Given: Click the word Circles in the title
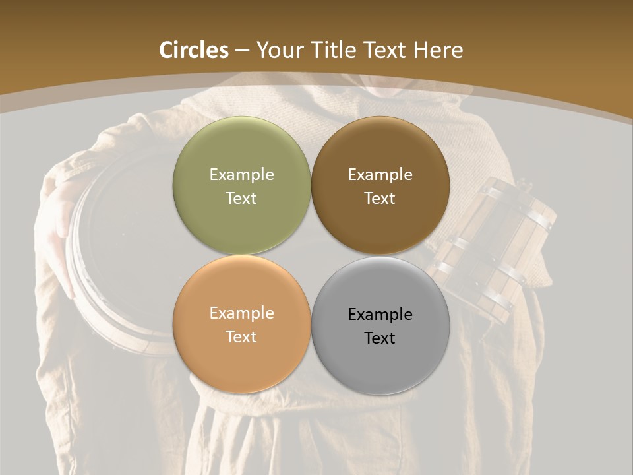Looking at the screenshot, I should (x=193, y=50).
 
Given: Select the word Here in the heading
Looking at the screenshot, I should (x=438, y=50).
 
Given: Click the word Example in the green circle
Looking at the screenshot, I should (x=241, y=175).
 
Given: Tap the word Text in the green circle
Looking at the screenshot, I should (x=241, y=199).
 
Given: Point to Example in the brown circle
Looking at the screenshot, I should (x=380, y=175).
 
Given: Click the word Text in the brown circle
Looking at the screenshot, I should (x=380, y=199).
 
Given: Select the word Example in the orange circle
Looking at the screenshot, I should (x=241, y=313).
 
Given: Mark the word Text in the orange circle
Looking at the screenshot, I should (x=241, y=337).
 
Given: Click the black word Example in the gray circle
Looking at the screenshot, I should (x=380, y=315).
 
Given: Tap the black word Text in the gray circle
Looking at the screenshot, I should (x=380, y=338).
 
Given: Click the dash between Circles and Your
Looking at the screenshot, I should (x=242, y=51).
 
